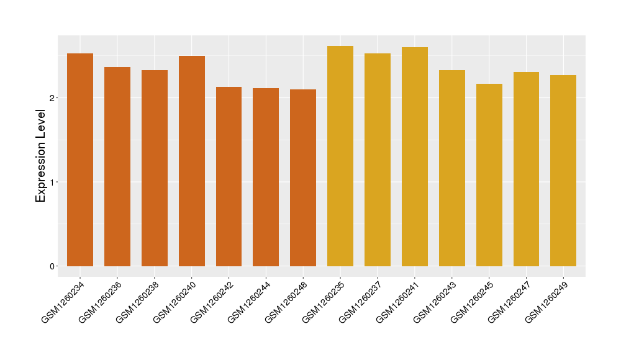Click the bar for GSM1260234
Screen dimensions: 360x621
[x=79, y=160]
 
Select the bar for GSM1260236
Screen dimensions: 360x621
[x=117, y=166]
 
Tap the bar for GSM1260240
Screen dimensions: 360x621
[x=191, y=161]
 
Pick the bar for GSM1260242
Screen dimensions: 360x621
[x=229, y=176]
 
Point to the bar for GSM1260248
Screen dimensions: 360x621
[x=303, y=178]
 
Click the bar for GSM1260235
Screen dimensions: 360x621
[x=340, y=156]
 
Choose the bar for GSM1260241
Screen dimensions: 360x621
[x=415, y=156]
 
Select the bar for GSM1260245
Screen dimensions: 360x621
[x=489, y=175]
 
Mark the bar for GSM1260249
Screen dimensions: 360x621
[x=563, y=171]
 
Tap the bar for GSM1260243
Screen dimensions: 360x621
[x=452, y=168]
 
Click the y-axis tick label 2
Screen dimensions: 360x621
[x=53, y=98]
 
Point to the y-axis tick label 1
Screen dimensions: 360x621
[x=53, y=182]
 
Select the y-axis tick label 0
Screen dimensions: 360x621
[x=53, y=266]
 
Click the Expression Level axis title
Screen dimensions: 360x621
[x=41, y=156]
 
